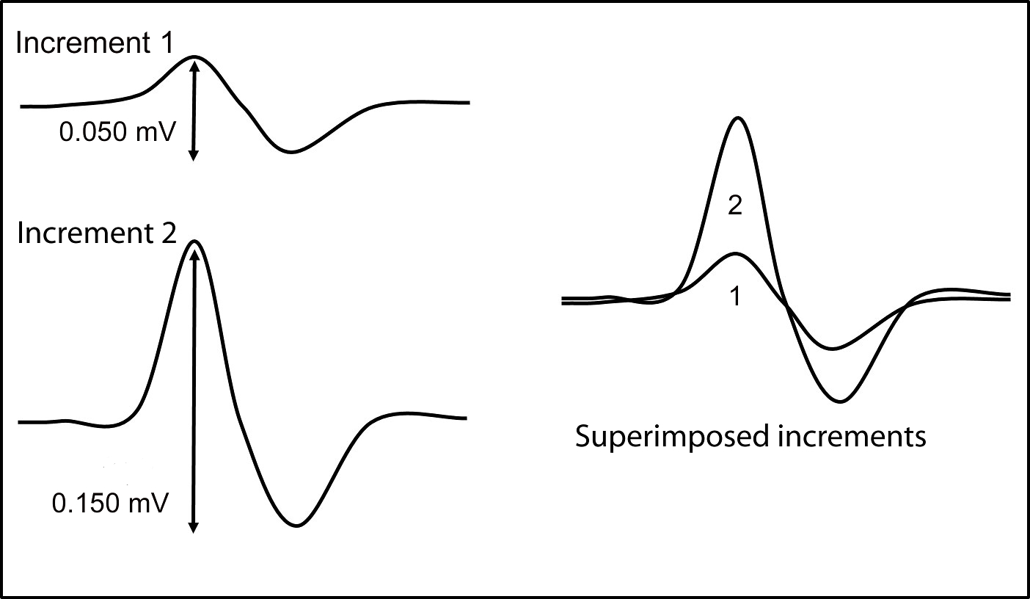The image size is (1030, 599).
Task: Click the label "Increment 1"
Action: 95,43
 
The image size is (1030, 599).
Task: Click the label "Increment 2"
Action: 96,233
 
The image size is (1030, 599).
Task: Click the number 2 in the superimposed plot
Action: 735,207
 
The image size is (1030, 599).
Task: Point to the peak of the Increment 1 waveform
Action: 194,57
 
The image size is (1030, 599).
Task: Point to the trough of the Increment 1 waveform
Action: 291,152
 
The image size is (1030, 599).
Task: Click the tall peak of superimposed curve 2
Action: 738,118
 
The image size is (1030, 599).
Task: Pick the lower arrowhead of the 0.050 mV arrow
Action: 193,155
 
